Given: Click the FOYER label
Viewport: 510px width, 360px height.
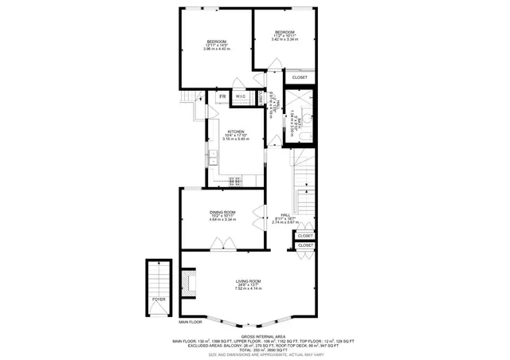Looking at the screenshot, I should pyautogui.click(x=159, y=300).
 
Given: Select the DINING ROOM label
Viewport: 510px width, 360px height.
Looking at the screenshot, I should pyautogui.click(x=222, y=212).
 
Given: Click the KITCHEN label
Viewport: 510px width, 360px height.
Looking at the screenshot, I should pyautogui.click(x=236, y=131).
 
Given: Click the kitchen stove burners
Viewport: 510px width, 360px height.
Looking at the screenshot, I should pyautogui.click(x=236, y=179).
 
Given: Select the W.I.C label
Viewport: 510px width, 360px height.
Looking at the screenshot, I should pyautogui.click(x=241, y=97).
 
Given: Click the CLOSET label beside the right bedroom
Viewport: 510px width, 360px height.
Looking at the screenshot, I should pyautogui.click(x=300, y=77).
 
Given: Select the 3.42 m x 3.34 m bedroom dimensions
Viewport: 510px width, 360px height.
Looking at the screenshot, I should pyautogui.click(x=284, y=37).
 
